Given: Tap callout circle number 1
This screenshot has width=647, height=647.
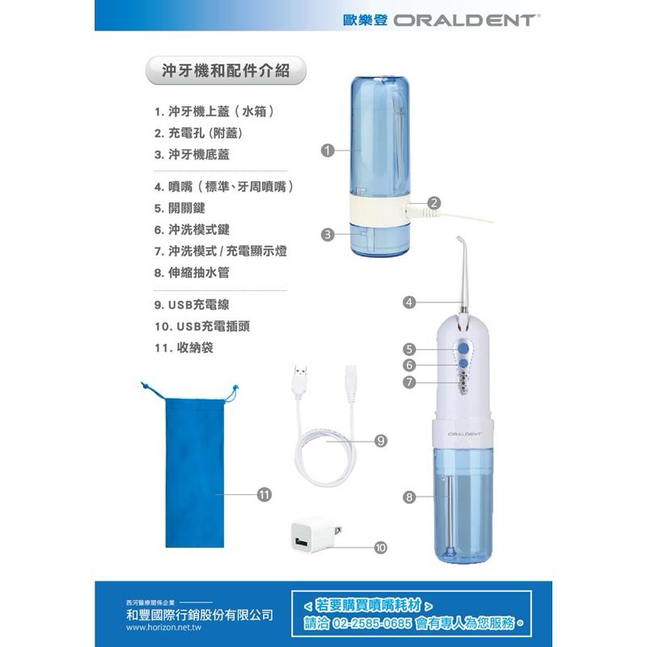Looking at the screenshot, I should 327,150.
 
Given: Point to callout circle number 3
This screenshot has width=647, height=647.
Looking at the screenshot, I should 327,235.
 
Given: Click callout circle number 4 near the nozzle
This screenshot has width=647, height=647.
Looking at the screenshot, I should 409,302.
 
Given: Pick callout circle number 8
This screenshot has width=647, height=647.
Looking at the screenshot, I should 409,497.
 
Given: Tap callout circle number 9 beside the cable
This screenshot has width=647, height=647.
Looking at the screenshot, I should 381,441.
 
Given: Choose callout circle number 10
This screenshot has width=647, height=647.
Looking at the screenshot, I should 381,548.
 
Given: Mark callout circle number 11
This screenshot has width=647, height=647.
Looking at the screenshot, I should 264,493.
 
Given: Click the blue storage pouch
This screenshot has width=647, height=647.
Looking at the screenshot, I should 192,469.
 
